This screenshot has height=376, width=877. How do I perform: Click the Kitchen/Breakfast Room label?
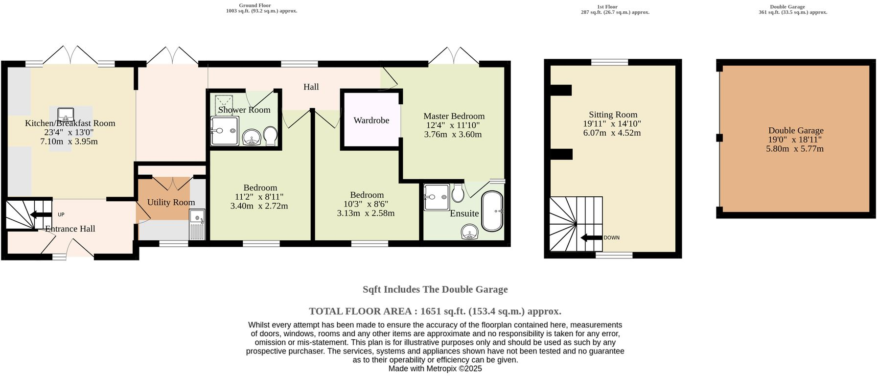click(x=70, y=123)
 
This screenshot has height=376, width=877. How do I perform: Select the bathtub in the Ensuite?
click(x=492, y=211)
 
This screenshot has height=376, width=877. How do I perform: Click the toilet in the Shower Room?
click(x=270, y=136)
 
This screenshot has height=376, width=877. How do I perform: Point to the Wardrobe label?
click(x=371, y=120)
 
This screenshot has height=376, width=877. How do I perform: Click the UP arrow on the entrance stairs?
click(x=37, y=214)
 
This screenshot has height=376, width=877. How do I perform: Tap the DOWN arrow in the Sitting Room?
click(x=591, y=238)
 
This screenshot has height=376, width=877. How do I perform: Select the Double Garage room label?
click(x=796, y=130)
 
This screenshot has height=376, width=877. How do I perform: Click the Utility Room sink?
click(x=197, y=224)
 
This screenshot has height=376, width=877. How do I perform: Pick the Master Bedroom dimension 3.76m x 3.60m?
click(x=453, y=134)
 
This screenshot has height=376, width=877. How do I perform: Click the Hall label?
click(x=311, y=87)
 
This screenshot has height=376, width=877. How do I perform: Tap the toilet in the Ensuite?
click(x=458, y=193)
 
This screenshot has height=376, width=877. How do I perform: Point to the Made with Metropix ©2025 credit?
click(x=435, y=369)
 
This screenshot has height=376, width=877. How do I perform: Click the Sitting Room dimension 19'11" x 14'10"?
click(x=612, y=124)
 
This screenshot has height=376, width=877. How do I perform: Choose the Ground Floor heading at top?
click(x=255, y=6)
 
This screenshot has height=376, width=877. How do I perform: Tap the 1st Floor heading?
click(x=607, y=7)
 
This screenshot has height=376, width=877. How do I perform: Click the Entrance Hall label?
click(x=70, y=229)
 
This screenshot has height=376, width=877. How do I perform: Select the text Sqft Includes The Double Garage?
click(x=435, y=289)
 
